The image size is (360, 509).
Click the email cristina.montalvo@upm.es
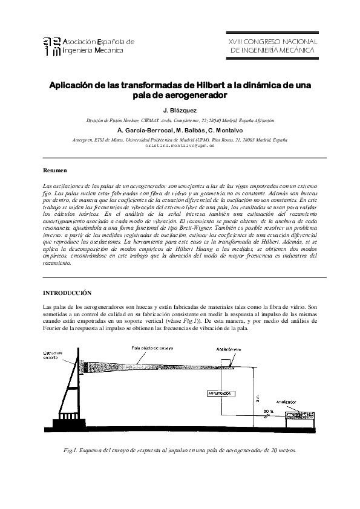tap(180, 146)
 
